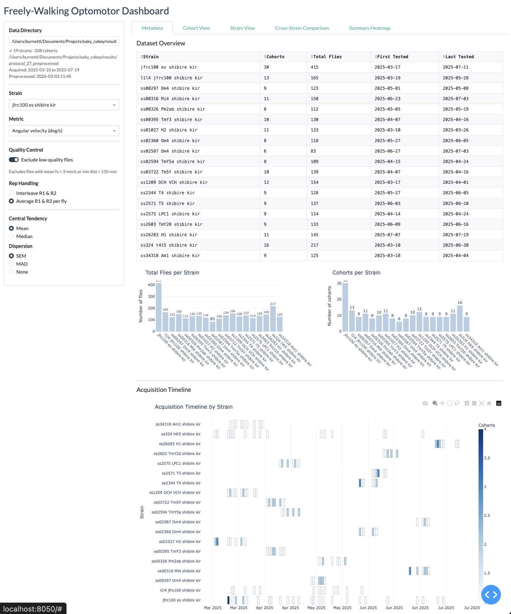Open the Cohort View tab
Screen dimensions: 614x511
tap(196, 28)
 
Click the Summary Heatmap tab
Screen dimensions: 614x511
tap(369, 28)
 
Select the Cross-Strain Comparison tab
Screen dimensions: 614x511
tap(302, 28)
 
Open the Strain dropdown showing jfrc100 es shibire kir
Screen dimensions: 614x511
tap(64, 105)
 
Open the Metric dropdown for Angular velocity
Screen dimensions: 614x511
tap(64, 131)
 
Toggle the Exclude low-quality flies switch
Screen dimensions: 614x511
tap(14, 160)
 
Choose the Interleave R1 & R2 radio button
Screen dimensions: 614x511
tap(12, 193)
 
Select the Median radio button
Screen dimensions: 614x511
tap(12, 236)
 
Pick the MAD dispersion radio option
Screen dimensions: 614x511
tap(12, 264)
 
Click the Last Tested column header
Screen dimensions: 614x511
tap(460, 57)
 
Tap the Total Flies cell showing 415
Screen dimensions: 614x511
tap(315, 67)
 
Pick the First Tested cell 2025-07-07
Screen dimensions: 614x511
tap(387, 235)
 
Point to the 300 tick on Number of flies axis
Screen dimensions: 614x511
tap(151, 297)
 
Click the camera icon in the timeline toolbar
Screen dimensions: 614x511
tap(425, 403)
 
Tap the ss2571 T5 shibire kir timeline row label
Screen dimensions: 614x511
tap(181, 473)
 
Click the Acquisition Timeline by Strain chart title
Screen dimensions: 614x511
tap(194, 407)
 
